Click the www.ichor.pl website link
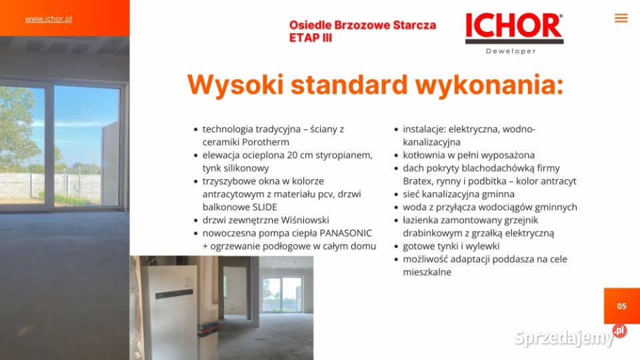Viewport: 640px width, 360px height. [x=48, y=19]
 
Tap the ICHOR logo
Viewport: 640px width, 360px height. [x=513, y=27]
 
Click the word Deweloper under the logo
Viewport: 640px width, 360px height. [x=511, y=51]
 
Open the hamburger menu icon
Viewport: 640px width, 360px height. [x=621, y=18]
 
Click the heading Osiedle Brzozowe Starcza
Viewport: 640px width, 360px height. [x=362, y=25]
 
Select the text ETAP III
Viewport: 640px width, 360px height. [x=310, y=38]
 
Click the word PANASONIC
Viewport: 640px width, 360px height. [x=345, y=233]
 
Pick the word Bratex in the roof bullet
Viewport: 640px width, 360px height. [x=417, y=181]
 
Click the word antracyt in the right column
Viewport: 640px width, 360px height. [x=555, y=181]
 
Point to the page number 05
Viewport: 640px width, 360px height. [x=621, y=306]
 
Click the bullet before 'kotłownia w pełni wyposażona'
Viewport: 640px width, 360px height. [x=395, y=155]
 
